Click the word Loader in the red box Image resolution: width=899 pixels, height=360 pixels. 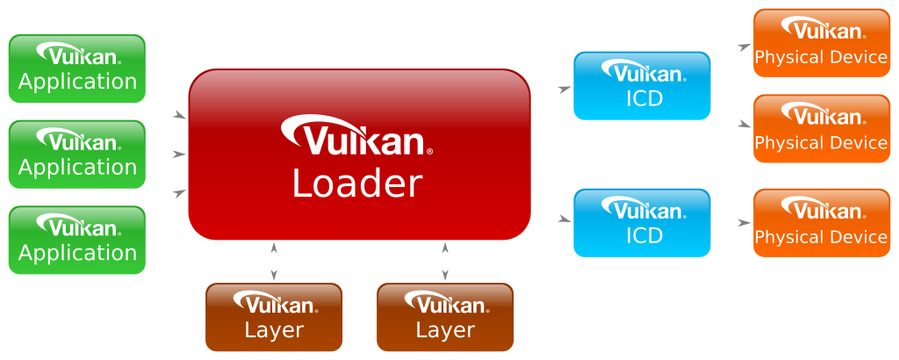click(357, 184)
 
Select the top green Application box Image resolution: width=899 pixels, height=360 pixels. click(77, 68)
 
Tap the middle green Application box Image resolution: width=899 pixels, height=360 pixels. click(77, 155)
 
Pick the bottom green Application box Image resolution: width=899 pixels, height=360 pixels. click(77, 241)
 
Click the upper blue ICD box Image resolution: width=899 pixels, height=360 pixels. click(642, 86)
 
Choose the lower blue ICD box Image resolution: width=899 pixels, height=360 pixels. click(642, 222)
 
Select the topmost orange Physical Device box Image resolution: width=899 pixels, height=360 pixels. click(822, 43)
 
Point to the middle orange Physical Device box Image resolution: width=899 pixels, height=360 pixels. click(822, 128)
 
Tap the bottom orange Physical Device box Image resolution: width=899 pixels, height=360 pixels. click(822, 222)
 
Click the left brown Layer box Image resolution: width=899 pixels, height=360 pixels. click(274, 317)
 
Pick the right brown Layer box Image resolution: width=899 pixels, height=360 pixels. click(445, 317)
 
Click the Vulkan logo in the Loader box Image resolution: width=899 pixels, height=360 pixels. click(356, 135)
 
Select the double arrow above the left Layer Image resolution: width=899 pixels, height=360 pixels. click(274, 262)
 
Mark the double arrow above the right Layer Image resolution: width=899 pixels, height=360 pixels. click(445, 262)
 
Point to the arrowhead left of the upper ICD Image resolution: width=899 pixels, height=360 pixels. click(565, 89)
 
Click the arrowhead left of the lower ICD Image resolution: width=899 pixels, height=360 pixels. click(565, 219)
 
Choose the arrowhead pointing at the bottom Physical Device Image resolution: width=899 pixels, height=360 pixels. click(744, 222)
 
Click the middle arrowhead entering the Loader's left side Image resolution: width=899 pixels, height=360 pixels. click(179, 155)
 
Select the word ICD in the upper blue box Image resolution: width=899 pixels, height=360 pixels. click(644, 98)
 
